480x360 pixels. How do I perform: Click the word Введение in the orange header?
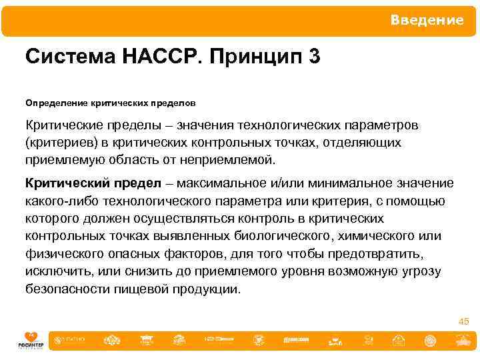427,20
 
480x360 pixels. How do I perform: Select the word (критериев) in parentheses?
59,143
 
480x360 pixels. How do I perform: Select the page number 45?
463,322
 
